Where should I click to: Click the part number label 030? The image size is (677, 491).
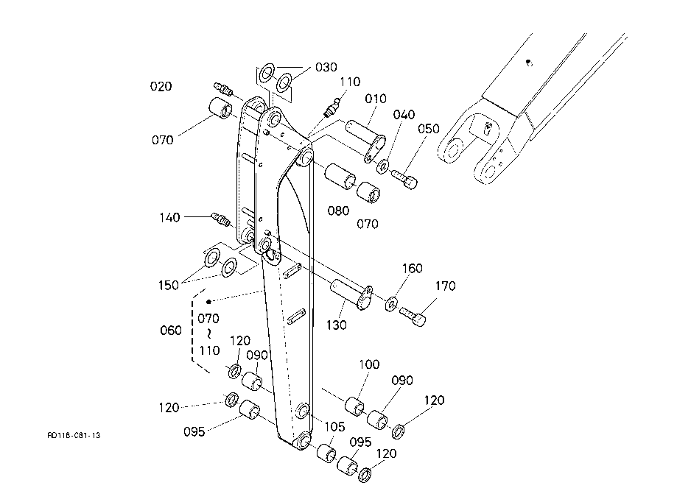326,67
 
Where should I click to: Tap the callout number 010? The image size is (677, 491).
376,99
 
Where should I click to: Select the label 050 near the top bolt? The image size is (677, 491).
428,129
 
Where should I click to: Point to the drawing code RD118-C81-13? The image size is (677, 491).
74,435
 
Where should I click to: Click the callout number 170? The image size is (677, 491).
445,286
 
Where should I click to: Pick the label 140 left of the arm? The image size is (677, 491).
169,217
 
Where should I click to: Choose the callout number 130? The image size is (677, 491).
337,325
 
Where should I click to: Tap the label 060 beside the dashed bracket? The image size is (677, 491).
171,331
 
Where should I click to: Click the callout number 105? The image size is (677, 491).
334,427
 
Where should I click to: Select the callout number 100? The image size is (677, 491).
369,364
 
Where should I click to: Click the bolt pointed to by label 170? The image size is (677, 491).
413,317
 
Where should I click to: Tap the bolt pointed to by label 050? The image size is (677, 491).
404,179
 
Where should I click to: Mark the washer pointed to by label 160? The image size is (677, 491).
392,304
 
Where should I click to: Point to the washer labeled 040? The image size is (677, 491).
382,166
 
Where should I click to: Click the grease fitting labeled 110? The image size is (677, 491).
332,107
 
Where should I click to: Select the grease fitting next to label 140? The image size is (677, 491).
220,219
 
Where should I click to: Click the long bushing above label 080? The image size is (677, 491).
340,176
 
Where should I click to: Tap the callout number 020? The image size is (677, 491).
161,86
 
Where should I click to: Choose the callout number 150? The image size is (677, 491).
169,285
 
